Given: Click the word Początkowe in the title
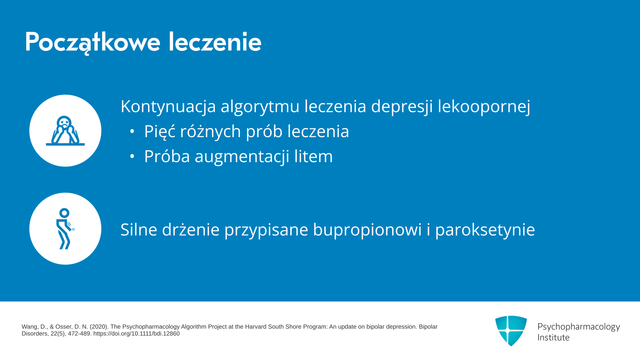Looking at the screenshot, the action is coord(93,42).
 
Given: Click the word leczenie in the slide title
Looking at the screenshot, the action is coord(215,42).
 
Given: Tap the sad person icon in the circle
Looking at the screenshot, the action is coord(65,131).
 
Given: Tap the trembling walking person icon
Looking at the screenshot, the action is coord(65,229).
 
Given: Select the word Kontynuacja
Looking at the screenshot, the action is coord(168,107).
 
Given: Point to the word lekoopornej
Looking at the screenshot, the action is coord(484,107).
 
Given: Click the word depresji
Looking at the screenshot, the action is coord(402,107).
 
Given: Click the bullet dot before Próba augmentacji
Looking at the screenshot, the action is coord(132,156).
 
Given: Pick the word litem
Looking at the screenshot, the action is coord(313,156).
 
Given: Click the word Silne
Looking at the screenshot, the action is coord(139,230).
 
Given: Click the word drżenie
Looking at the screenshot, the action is coord(191,230).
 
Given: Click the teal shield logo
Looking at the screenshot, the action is coord(511,331).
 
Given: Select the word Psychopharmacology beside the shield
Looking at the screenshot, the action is coord(579,327).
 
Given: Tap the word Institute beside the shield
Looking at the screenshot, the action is coord(553,338).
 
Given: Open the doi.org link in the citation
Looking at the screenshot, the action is coord(136,334).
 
